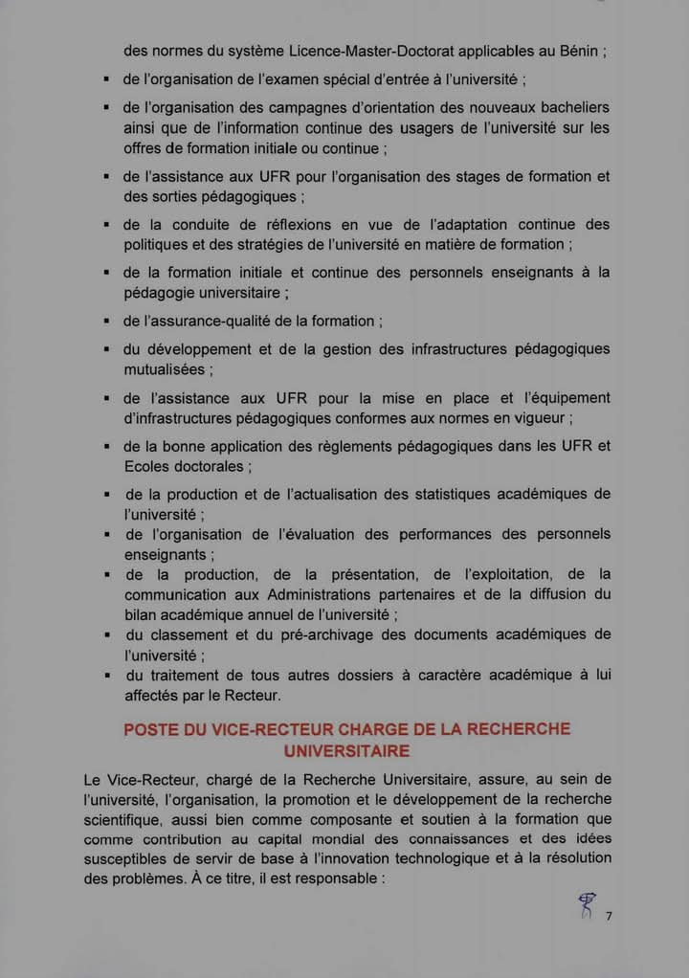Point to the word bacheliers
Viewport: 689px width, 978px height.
pyautogui.click(x=564, y=107)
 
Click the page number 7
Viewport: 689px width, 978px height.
pyautogui.click(x=608, y=916)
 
